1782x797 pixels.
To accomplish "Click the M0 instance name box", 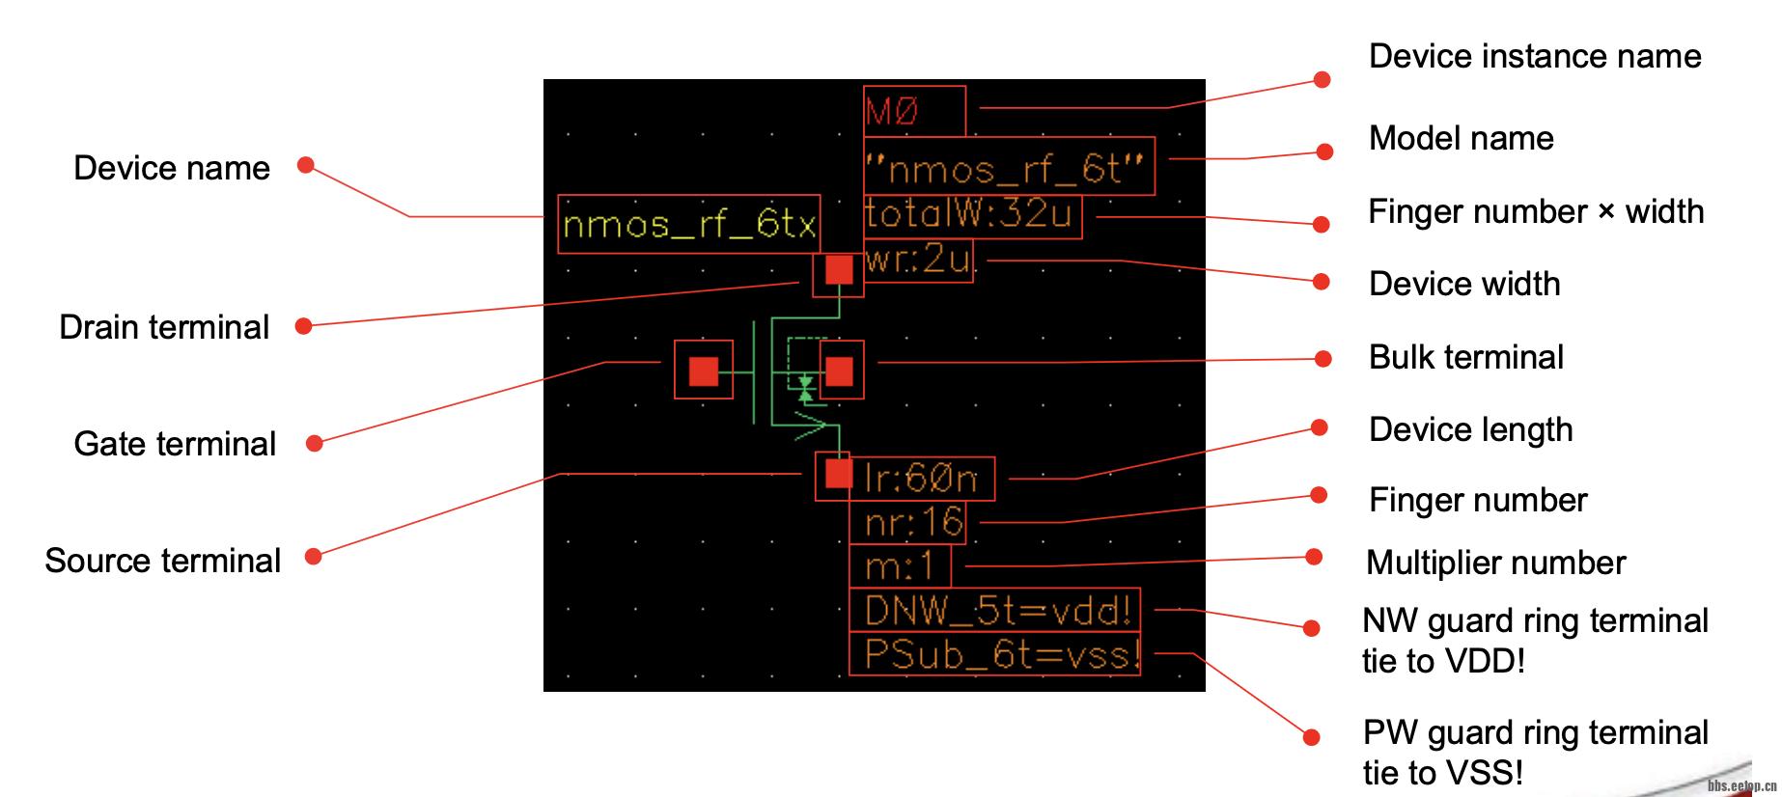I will (913, 111).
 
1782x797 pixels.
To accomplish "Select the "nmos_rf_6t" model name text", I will (1008, 168).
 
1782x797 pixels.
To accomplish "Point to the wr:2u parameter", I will (918, 260).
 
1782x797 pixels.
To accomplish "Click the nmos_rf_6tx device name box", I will (689, 225).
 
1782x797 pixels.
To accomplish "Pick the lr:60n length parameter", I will (921, 479).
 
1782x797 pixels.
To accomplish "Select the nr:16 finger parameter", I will (912, 523).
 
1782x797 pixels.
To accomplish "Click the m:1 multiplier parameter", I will (900, 566).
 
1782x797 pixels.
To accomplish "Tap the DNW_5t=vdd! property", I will (996, 610).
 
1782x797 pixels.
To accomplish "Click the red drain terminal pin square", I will (839, 269).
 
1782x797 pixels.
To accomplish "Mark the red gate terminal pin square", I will (704, 371).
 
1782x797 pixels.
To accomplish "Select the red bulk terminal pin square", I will (840, 371).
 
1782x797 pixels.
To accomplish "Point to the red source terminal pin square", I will (837, 474).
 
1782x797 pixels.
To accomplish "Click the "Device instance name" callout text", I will (1535, 56).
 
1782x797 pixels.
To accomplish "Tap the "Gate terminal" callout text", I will (175, 444).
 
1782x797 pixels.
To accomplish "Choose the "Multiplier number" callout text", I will (1496, 563).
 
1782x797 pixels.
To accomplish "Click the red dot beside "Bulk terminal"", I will (1323, 359).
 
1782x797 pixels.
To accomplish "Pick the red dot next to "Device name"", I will (306, 165).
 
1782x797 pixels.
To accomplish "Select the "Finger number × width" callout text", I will (1536, 211).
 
